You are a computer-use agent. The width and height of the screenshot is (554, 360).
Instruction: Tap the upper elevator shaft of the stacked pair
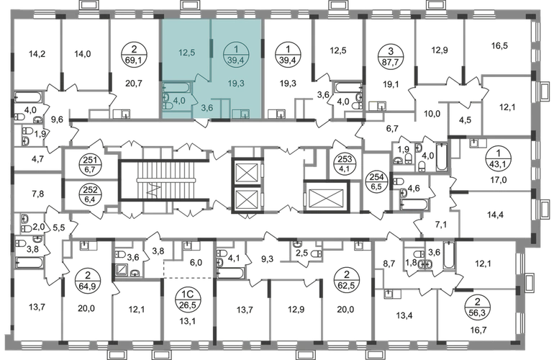pos(248,171)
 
